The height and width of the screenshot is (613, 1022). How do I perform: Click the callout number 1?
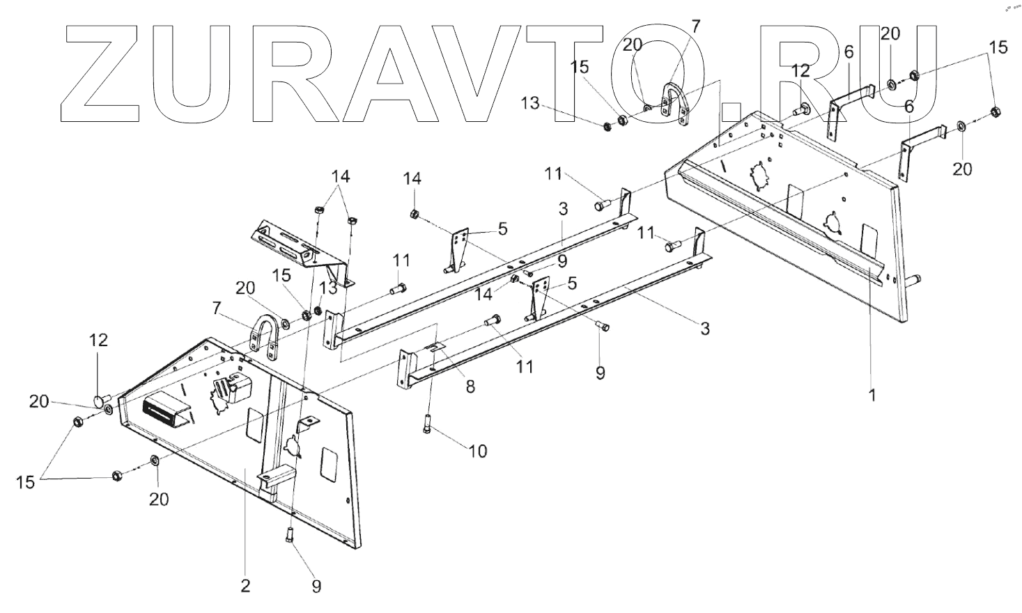pos(872,395)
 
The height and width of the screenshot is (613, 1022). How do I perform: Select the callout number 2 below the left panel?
pos(245,586)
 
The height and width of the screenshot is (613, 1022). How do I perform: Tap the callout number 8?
pos(470,386)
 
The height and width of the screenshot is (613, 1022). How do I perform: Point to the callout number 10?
pos(477,451)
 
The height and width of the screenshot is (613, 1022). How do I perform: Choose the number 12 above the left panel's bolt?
pos(99,341)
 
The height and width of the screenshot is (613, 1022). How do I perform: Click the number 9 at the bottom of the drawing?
pos(316,587)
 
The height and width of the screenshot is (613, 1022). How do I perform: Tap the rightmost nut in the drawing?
pos(996,111)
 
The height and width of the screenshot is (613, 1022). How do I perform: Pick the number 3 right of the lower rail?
pos(705,329)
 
